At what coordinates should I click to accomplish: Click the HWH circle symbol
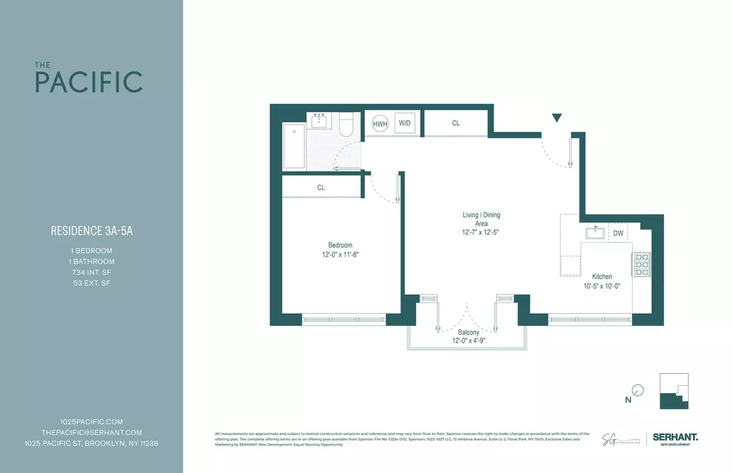pos(380,123)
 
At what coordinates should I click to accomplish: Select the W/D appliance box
pos(404,123)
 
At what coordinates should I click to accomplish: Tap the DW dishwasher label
pos(618,233)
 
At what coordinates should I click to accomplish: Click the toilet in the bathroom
pos(346,125)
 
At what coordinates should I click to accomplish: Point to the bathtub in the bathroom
pos(293,147)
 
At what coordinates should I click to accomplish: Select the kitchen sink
pos(594,233)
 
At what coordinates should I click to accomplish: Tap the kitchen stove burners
pos(642,265)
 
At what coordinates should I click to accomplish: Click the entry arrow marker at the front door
pos(556,118)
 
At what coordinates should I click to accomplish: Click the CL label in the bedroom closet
pos(321,188)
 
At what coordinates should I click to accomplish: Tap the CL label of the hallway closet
pos(456,123)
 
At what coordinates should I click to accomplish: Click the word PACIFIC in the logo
pos(88,82)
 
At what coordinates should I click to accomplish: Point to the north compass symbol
pos(637,390)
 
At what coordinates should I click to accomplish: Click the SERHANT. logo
pos(675,437)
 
